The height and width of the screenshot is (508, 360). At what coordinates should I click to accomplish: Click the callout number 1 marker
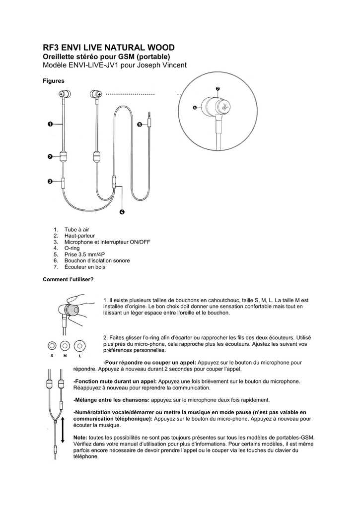tap(50, 124)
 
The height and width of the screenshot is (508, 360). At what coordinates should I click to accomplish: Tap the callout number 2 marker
tap(50, 157)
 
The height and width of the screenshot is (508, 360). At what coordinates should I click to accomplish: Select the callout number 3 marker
tap(50, 182)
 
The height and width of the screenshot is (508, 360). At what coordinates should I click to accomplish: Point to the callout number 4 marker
tap(122, 212)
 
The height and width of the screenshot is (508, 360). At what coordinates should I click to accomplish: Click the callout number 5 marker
tap(139, 124)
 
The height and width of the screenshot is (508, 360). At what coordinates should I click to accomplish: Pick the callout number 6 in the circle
tap(195, 107)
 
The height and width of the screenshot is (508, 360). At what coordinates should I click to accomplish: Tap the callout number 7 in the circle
tap(217, 88)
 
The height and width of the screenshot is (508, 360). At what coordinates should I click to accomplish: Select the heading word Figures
tap(54, 81)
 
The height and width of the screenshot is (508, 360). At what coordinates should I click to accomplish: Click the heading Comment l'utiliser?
tap(68, 279)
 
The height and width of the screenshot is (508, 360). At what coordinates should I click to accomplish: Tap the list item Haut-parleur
tap(79, 236)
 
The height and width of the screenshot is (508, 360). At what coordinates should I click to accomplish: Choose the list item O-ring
tap(72, 248)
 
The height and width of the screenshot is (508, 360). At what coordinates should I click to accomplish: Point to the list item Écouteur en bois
tap(84, 267)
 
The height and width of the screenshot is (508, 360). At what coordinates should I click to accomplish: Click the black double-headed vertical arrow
tap(63, 429)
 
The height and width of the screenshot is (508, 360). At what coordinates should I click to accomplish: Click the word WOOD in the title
tap(161, 48)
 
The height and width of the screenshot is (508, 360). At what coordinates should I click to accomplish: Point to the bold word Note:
tap(80, 438)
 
